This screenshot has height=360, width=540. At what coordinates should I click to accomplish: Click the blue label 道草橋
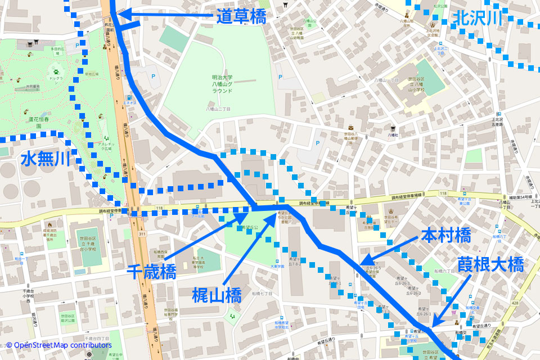[241, 16]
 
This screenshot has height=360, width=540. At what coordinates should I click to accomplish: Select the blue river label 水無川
[46, 159]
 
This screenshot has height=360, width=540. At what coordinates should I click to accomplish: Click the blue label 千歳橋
[153, 272]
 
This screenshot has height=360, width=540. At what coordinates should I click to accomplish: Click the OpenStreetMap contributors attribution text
[59, 345]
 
